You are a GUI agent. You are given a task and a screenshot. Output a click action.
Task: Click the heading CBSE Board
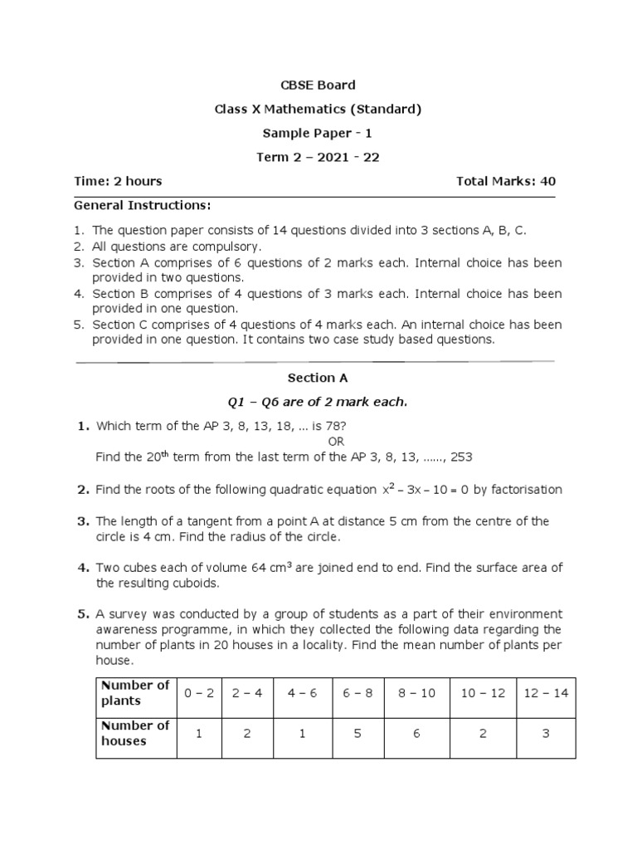[318, 85]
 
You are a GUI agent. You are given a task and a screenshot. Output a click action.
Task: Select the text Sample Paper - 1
[318, 133]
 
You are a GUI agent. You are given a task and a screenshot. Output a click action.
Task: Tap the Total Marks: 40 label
[506, 181]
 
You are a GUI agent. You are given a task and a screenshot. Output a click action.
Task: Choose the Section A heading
[318, 378]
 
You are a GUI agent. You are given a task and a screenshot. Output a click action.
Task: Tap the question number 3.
[83, 521]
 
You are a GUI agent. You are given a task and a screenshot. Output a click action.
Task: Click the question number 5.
[83, 614]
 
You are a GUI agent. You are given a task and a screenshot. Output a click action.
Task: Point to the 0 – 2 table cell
[199, 693]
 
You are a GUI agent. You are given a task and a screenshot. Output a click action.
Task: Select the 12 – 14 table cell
[546, 693]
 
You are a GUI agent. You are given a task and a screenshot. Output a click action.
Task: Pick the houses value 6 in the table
[416, 734]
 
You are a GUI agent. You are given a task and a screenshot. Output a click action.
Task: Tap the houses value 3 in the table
[546, 734]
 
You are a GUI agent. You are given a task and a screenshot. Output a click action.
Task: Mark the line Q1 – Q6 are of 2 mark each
[318, 402]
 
